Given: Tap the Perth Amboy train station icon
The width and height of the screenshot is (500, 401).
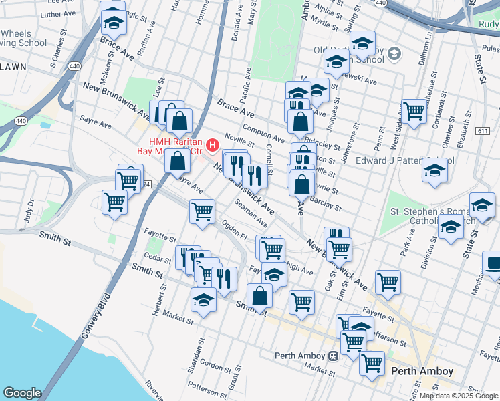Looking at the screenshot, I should point(333,356).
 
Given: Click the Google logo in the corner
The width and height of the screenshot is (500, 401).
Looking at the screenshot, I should point(21,393).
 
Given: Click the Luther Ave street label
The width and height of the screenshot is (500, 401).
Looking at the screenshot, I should point(59,13).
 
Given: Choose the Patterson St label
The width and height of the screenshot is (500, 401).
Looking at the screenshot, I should point(204,386).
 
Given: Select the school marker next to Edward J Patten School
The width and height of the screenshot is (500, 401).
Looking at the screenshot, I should point(434,171).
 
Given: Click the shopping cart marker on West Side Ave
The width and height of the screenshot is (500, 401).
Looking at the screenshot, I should point(414,110).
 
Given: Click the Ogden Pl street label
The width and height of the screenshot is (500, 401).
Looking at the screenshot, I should point(235,230).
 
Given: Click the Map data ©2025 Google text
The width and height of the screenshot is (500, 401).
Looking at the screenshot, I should point(459,396).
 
